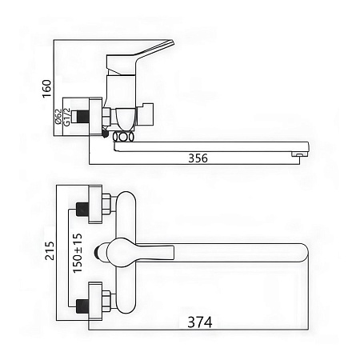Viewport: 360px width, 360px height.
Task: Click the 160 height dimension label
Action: tap(47, 89)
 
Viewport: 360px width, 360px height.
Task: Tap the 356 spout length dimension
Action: tap(198, 158)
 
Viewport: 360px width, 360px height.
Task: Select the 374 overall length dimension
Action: tap(200, 322)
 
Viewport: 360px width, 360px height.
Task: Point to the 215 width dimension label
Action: tap(50, 250)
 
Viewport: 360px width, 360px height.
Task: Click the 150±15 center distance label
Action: tap(78, 254)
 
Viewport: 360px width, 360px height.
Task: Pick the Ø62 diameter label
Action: tap(58, 116)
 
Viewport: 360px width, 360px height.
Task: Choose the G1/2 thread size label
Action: tap(67, 117)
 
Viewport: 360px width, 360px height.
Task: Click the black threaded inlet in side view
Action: tap(82, 117)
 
